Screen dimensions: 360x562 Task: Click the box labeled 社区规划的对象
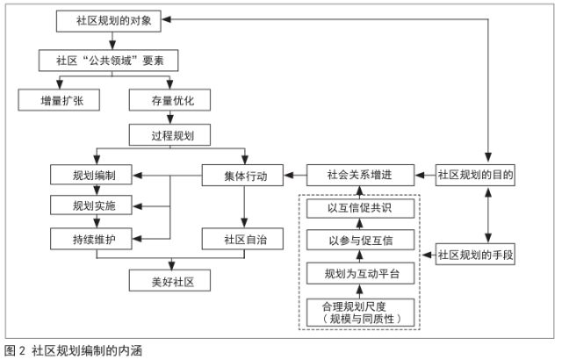[x=109, y=19]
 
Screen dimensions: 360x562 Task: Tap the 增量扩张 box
[x=57, y=99]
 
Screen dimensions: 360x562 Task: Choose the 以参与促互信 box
[x=359, y=238]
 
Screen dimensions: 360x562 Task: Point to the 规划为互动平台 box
[x=359, y=273]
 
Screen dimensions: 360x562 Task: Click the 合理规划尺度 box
[x=359, y=312]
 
